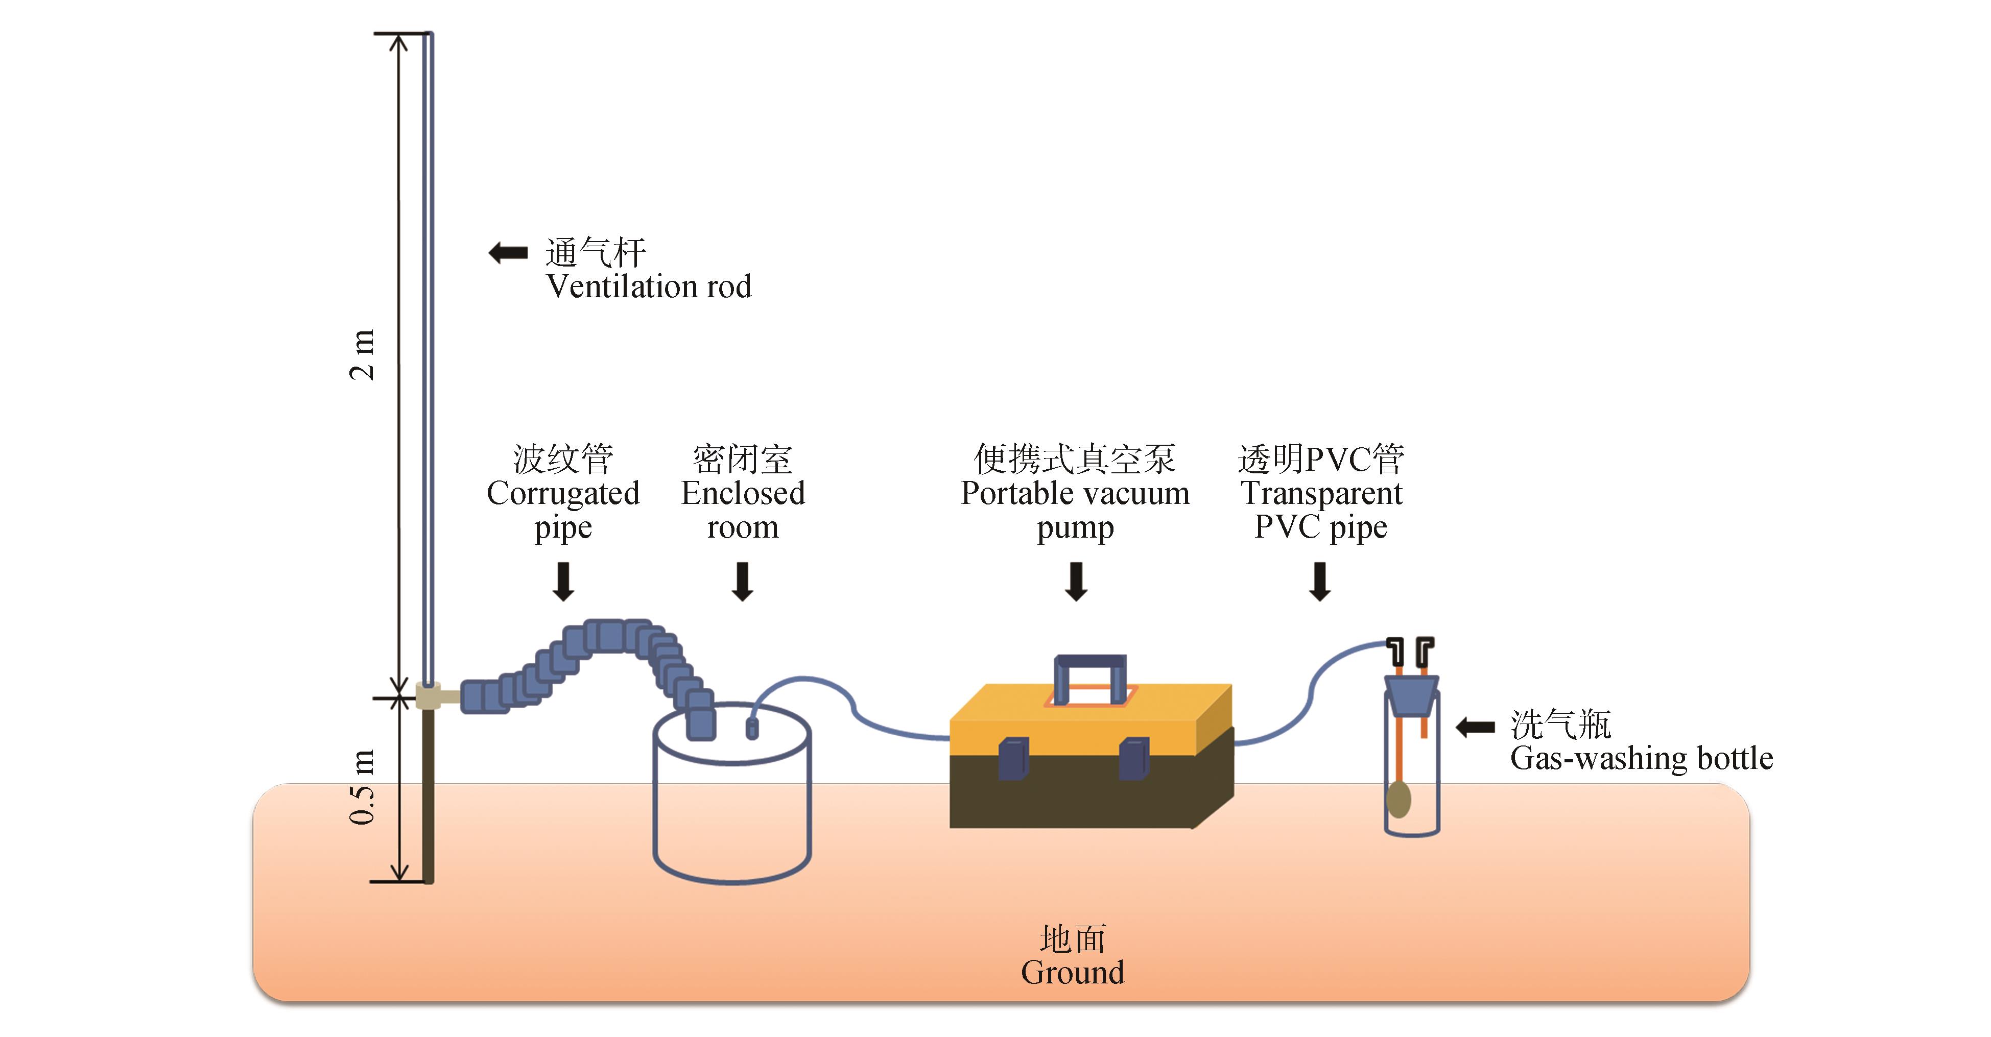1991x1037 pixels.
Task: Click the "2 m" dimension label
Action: pos(362,355)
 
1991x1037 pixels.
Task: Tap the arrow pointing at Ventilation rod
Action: pos(508,253)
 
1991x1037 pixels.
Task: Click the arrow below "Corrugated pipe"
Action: pos(563,581)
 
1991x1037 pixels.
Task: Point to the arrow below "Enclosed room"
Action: pos(743,581)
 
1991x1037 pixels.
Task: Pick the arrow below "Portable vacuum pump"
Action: pos(1076,581)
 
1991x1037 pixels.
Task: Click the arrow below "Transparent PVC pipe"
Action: pos(1320,581)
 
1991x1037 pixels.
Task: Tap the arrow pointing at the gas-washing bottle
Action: pos(1475,727)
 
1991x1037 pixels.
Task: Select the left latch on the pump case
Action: pos(1013,758)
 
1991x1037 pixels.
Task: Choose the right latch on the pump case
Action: pos(1134,758)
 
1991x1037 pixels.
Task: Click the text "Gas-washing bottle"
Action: pos(1641,758)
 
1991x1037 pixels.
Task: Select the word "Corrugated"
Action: pos(563,493)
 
